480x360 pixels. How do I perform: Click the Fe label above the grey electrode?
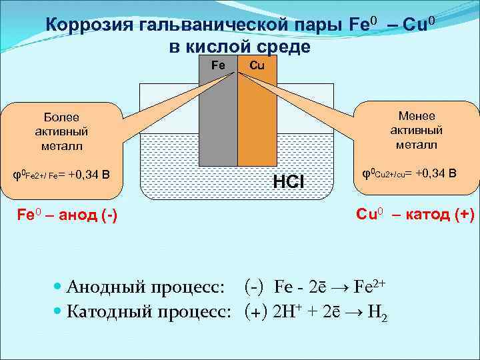coord(218,65)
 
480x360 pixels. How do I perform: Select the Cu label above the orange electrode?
coord(257,65)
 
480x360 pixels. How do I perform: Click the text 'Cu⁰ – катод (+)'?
coord(415,214)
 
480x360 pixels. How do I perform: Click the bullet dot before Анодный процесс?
coord(57,287)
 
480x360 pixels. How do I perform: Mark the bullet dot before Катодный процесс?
coord(57,311)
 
